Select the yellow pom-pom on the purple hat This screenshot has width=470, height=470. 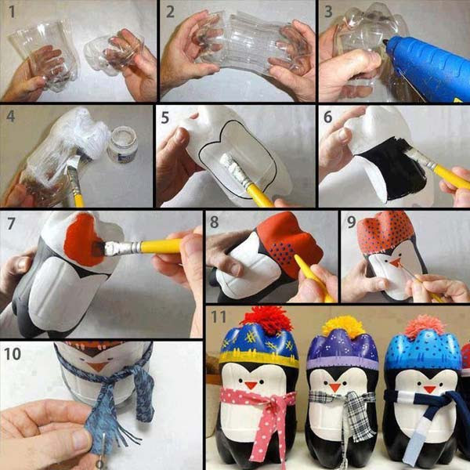coord(342,324)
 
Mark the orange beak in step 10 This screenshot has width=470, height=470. coord(98,366)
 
